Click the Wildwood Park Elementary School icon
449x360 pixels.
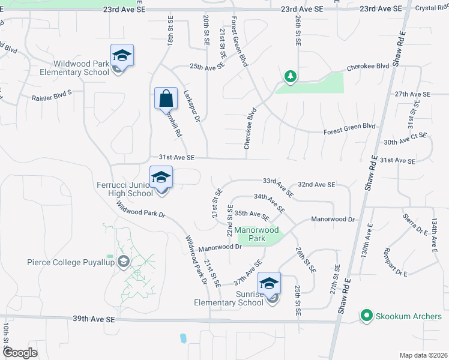click(x=122, y=56)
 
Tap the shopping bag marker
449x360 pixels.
click(x=166, y=98)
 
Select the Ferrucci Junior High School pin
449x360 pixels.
click(x=161, y=178)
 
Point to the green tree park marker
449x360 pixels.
click(x=291, y=76)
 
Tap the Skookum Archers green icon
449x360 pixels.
click(x=366, y=316)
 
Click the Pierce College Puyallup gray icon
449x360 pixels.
click(x=124, y=262)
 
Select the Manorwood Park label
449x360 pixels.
click(x=257, y=234)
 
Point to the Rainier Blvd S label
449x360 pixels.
click(x=51, y=93)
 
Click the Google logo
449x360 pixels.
click(x=20, y=352)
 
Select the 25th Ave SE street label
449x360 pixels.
click(x=206, y=67)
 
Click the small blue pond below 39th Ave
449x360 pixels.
click(x=182, y=338)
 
